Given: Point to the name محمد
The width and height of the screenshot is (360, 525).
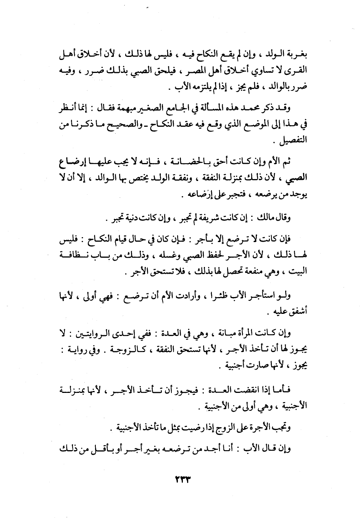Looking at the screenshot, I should point(258,108).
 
